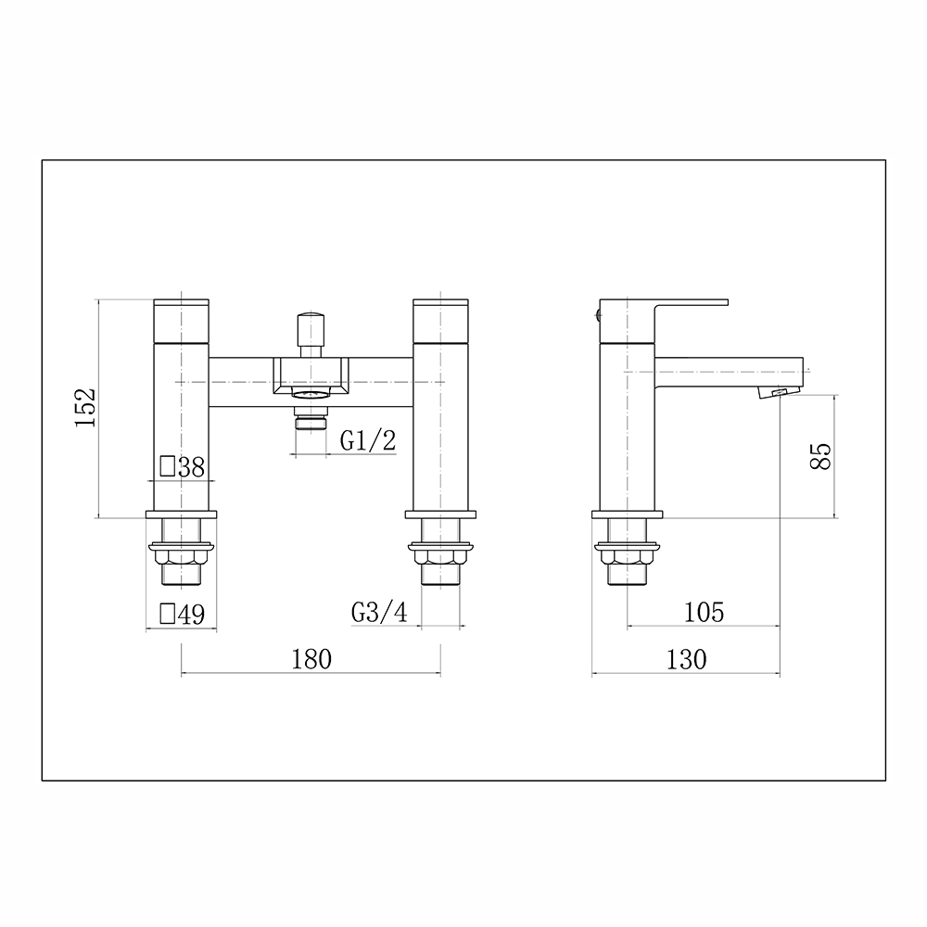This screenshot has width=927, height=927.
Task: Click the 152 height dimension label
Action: pyautogui.click(x=85, y=407)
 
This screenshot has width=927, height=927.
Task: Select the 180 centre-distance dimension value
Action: pyautogui.click(x=311, y=659)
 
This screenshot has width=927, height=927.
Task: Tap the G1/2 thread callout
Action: pyautogui.click(x=368, y=440)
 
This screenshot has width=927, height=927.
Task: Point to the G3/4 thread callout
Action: pyautogui.click(x=379, y=613)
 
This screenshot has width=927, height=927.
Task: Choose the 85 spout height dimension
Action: pyautogui.click(x=820, y=456)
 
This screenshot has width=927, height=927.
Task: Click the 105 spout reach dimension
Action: pyautogui.click(x=704, y=613)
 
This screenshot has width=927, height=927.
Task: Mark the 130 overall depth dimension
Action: pyautogui.click(x=686, y=660)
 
